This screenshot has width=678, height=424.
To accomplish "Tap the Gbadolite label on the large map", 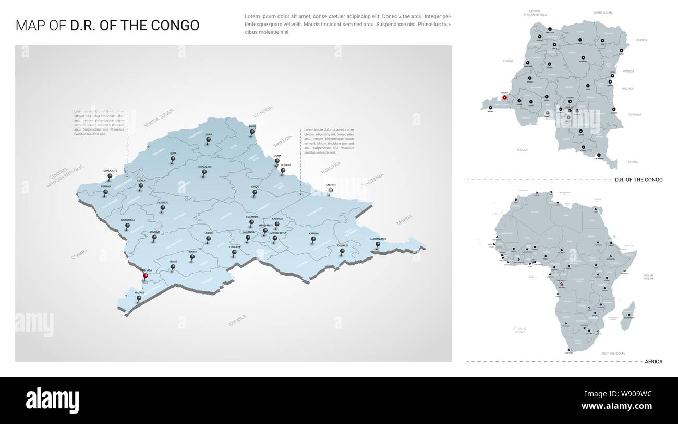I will (x=110, y=171).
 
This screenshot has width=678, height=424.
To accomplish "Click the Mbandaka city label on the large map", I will (x=128, y=220).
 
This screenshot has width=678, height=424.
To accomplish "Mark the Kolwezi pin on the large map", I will (x=343, y=251).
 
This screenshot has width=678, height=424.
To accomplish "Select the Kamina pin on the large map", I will (x=313, y=240).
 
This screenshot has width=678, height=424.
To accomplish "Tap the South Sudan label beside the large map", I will (x=159, y=118).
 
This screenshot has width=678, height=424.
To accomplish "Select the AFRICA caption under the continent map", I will (x=653, y=361).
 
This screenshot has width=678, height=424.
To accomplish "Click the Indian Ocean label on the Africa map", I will (x=648, y=277).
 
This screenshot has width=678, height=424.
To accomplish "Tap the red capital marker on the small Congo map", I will (x=504, y=97).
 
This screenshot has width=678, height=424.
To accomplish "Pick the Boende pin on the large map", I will (x=163, y=208).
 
